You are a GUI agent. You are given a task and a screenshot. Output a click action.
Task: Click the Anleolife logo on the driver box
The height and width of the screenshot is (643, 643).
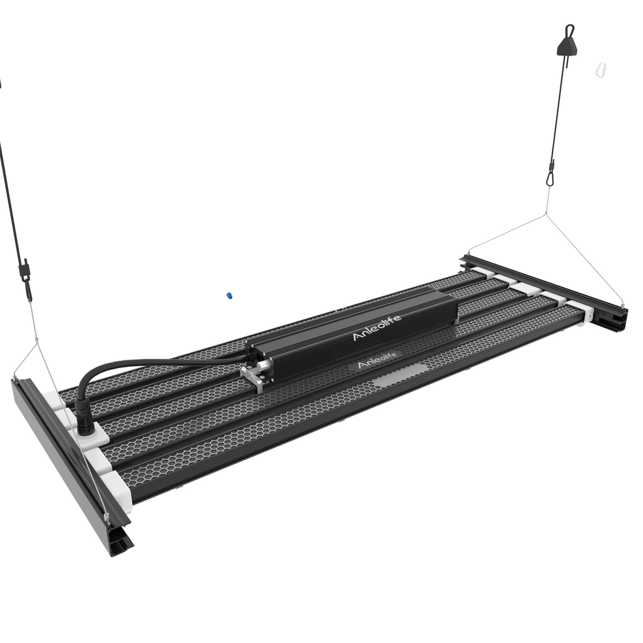[x=376, y=327]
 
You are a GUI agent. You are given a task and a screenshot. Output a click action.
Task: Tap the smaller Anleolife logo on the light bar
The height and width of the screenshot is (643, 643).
[x=377, y=364]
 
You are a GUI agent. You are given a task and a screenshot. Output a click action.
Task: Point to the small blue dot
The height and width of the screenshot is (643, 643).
[x=229, y=296]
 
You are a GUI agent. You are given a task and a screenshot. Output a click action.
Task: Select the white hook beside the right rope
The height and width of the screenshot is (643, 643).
[x=600, y=70]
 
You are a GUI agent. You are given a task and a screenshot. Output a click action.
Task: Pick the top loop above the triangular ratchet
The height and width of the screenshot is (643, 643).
[x=569, y=30]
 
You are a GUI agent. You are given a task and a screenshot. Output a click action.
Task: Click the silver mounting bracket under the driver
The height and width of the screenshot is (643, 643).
[x=253, y=377]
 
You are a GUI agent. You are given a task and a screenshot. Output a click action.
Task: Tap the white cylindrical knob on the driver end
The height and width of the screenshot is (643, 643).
[x=264, y=366]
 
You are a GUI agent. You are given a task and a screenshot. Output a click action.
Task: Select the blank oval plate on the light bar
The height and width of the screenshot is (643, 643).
[x=399, y=377]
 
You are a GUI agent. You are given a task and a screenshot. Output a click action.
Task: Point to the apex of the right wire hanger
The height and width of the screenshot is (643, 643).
[x=546, y=214]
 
